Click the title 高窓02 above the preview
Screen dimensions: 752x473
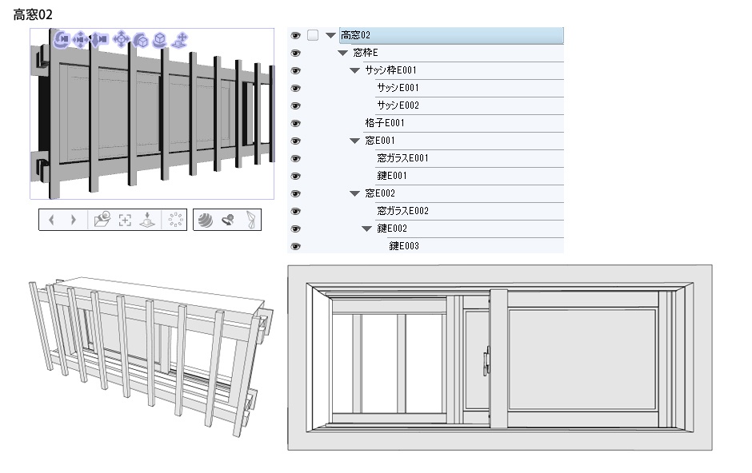pos(33,15)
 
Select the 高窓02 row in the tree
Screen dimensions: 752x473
pos(451,35)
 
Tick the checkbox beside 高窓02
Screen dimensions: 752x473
pos(313,35)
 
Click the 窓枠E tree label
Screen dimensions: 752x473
pos(366,53)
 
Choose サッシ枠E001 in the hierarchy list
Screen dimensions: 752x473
pos(390,70)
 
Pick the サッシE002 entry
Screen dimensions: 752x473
pos(398,105)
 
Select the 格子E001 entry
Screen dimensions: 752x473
pos(385,123)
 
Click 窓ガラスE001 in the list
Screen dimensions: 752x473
pos(402,158)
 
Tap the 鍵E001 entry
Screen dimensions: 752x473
pos(392,176)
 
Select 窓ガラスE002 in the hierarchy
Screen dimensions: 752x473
pos(402,211)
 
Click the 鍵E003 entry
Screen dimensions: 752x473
pos(404,246)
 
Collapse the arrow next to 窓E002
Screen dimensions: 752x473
pos(354,193)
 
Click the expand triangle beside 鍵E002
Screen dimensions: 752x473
pos(366,229)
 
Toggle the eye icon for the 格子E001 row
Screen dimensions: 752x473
pos(295,124)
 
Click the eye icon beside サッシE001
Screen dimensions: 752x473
pos(295,88)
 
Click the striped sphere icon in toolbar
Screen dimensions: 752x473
pos(206,221)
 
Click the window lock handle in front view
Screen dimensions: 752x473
pos(486,361)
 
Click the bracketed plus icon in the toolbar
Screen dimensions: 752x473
pos(125,221)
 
